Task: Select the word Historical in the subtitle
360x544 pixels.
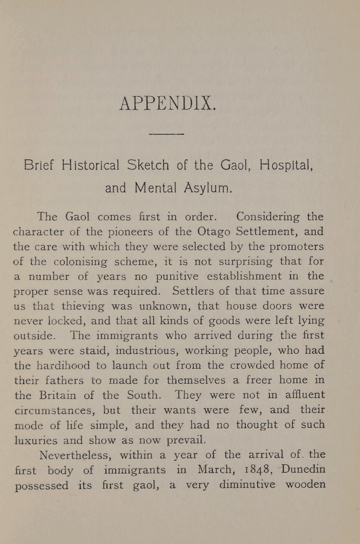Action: [x=92, y=166]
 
